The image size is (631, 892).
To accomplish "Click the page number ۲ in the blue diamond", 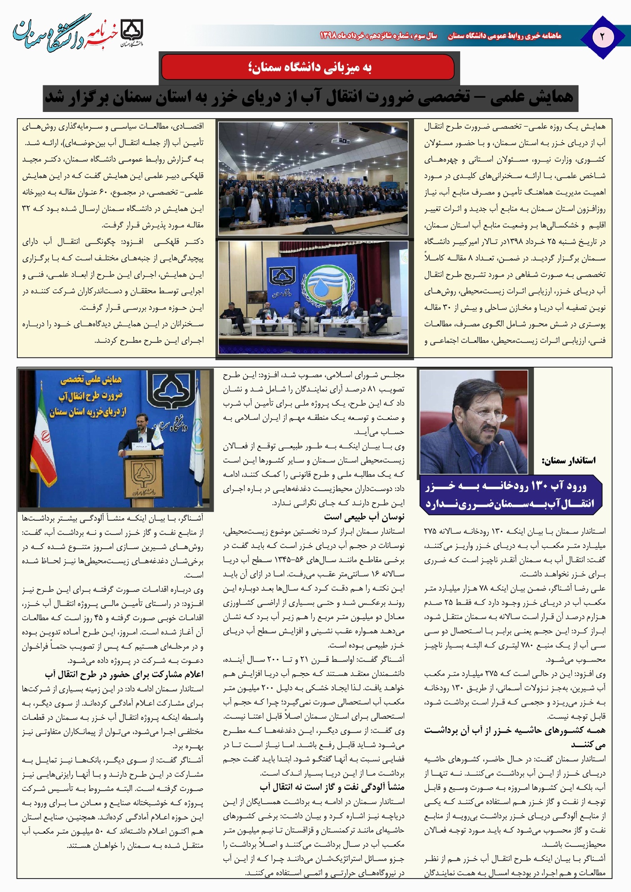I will click(603, 37).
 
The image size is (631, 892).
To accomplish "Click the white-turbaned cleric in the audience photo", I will click(252, 204).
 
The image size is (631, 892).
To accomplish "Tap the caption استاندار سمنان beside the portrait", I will click(569, 460).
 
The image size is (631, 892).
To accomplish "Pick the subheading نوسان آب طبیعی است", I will click(364, 516).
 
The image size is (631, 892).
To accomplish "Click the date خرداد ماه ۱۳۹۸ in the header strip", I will click(342, 36).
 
